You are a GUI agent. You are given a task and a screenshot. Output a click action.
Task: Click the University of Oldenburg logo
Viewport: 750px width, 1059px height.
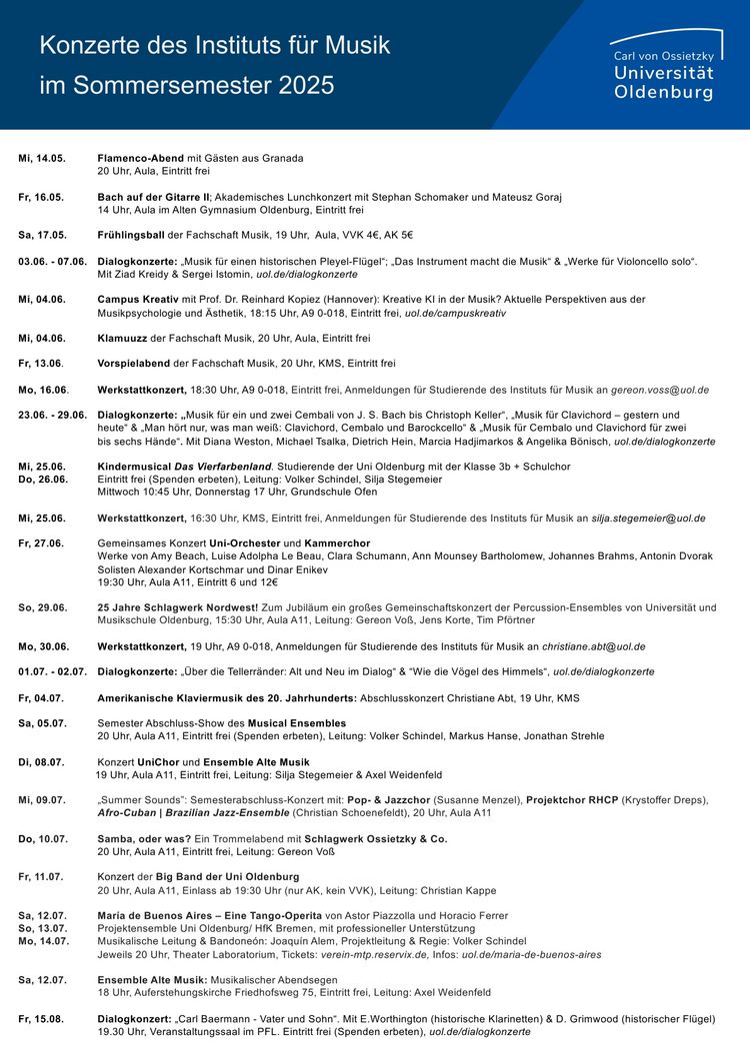pos(664,66)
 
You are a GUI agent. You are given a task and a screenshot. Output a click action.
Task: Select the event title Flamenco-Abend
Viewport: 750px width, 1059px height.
pos(140,158)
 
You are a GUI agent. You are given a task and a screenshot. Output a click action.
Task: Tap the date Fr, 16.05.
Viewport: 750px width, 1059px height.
pos(42,197)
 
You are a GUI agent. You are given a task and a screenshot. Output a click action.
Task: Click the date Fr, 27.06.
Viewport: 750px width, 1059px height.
pos(42,542)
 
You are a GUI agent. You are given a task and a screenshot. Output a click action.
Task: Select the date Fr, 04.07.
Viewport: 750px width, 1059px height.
pos(42,697)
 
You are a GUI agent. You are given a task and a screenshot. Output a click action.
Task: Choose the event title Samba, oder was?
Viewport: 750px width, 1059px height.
pos(139,838)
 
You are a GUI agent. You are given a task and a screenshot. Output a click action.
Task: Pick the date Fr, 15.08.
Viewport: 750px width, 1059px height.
pos(42,1019)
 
